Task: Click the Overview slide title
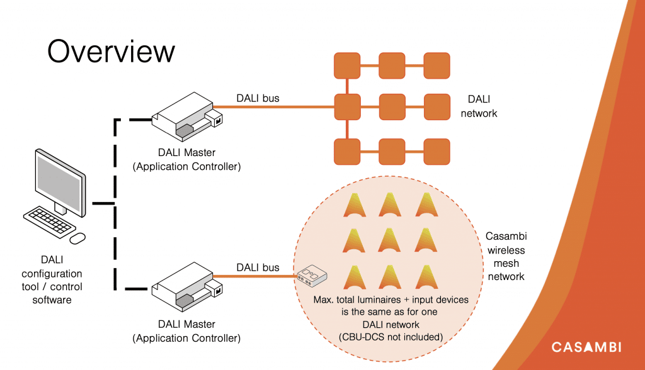pyautogui.click(x=111, y=51)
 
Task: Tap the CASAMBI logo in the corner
pyautogui.click(x=586, y=347)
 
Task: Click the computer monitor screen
pyautogui.click(x=60, y=177)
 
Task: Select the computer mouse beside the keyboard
pyautogui.click(x=77, y=238)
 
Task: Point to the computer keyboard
pyautogui.click(x=49, y=221)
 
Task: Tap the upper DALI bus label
pyautogui.click(x=258, y=98)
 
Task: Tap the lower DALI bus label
pyautogui.click(x=258, y=268)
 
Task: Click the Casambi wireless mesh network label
pyautogui.click(x=506, y=257)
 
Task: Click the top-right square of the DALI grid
pyautogui.click(x=437, y=65)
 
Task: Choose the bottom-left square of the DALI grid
pyautogui.click(x=347, y=152)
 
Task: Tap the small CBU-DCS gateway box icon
pyautogui.click(x=311, y=276)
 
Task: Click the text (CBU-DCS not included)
pyautogui.click(x=391, y=337)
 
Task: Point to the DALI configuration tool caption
pyautogui.click(x=52, y=279)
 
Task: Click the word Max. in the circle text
pyautogui.click(x=326, y=300)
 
